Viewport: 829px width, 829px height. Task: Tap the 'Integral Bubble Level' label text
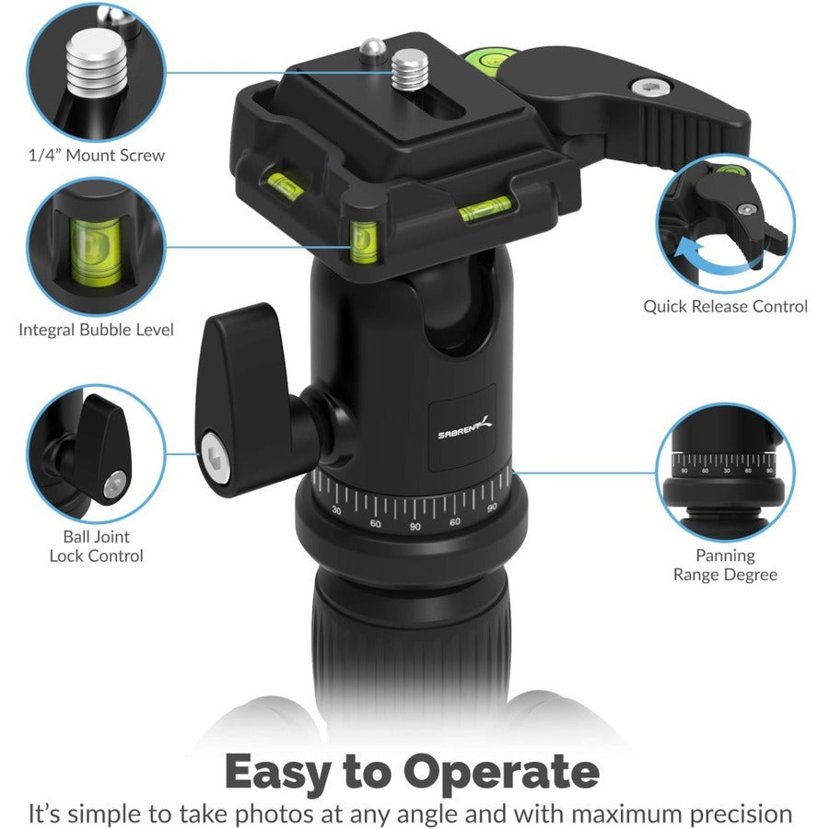(97, 329)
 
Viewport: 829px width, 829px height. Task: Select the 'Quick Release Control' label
(725, 306)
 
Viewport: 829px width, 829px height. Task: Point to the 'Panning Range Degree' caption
(725, 565)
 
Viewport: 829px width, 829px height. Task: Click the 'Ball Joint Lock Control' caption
(97, 546)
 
